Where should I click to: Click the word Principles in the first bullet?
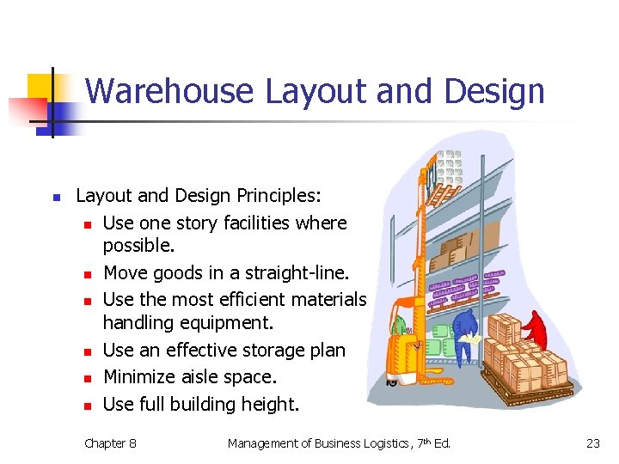click(273, 196)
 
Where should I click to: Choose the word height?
click(270, 404)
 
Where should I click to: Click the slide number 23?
click(592, 443)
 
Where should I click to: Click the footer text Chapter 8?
click(110, 443)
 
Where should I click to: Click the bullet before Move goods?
click(88, 275)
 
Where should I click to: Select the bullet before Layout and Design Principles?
click(56, 198)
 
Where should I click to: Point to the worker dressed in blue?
click(464, 332)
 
